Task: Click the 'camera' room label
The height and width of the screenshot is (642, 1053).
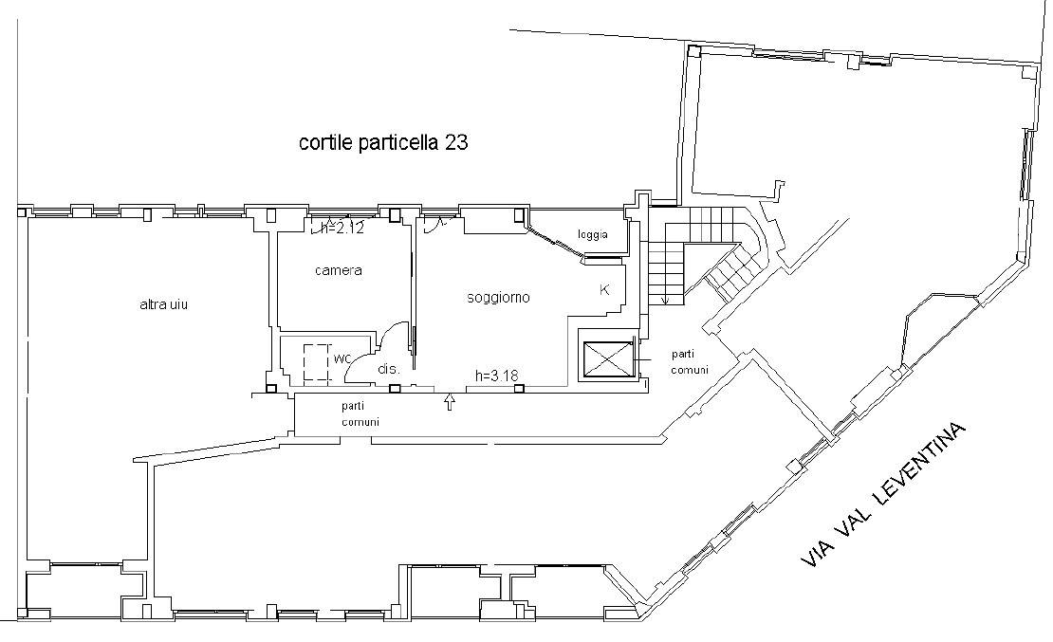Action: [339, 270]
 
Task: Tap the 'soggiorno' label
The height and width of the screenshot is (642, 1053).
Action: [498, 298]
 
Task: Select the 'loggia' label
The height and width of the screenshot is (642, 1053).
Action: [593, 234]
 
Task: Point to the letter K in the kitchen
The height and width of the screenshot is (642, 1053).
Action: [604, 290]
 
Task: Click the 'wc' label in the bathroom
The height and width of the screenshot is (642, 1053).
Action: [342, 358]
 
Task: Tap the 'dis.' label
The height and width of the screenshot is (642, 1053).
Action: [389, 369]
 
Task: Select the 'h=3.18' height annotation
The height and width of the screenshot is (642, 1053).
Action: [497, 376]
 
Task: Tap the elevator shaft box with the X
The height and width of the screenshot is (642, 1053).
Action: [608, 359]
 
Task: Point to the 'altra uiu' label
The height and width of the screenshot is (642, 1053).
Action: [163, 305]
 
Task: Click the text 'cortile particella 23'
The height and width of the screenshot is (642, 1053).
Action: [383, 143]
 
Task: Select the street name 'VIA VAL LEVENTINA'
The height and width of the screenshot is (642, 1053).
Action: [884, 495]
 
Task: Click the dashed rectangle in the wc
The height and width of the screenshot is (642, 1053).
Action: [316, 362]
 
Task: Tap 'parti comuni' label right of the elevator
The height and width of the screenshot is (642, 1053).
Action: [689, 362]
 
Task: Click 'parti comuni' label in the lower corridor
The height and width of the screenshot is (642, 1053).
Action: [360, 413]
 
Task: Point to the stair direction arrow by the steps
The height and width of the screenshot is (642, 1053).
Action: [666, 299]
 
